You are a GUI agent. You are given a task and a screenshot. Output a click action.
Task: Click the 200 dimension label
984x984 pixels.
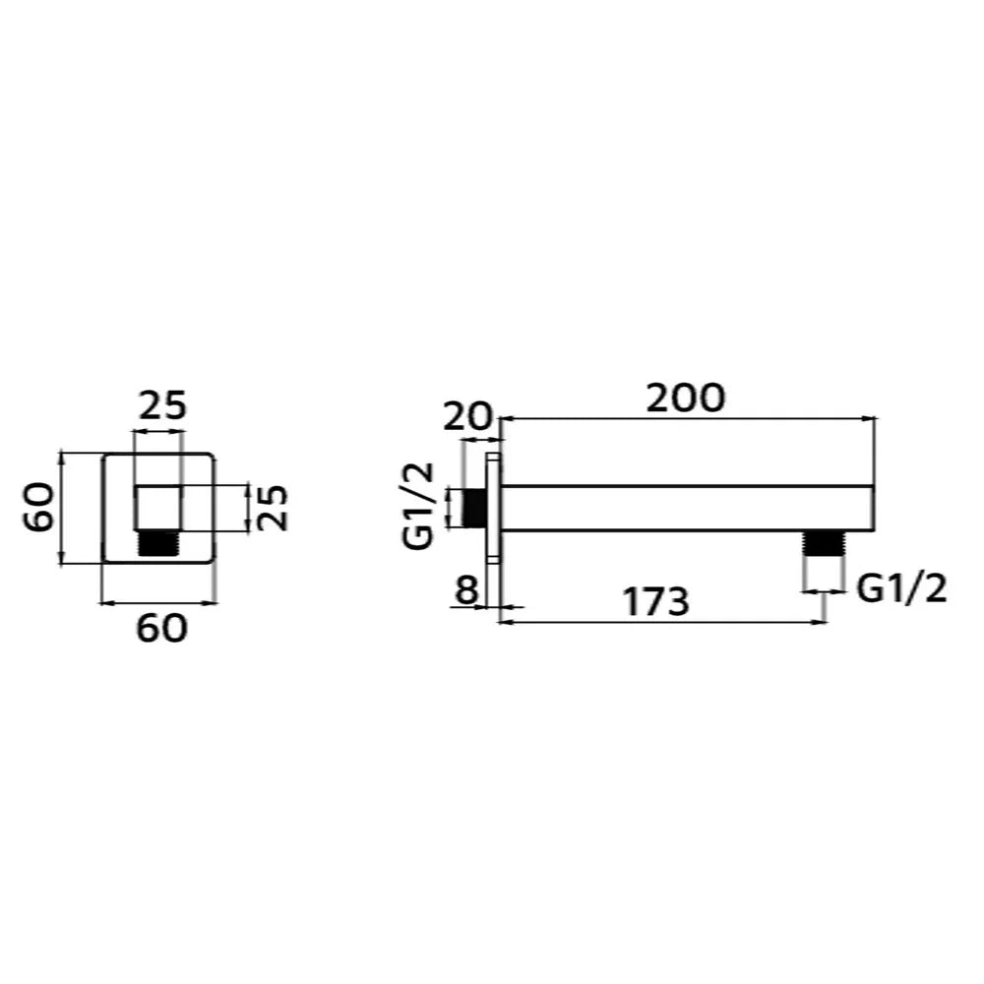pyautogui.click(x=685, y=398)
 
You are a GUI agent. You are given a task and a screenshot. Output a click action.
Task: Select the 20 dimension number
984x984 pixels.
pyautogui.click(x=466, y=416)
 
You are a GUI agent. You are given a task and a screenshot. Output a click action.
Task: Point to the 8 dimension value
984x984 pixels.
pyautogui.click(x=466, y=589)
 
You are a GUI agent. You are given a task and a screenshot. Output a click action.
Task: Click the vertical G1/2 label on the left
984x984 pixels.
pyautogui.click(x=419, y=506)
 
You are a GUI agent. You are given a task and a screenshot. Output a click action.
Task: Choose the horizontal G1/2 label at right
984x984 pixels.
pyautogui.click(x=901, y=589)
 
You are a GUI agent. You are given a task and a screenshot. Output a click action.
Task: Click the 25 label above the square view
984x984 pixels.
pyautogui.click(x=162, y=405)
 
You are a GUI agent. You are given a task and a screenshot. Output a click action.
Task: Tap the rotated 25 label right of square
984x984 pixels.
pyautogui.click(x=274, y=508)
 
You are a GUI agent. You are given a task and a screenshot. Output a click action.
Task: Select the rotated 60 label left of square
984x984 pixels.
pyautogui.click(x=39, y=507)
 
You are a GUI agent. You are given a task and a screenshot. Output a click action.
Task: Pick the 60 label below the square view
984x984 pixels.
pyautogui.click(x=162, y=628)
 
